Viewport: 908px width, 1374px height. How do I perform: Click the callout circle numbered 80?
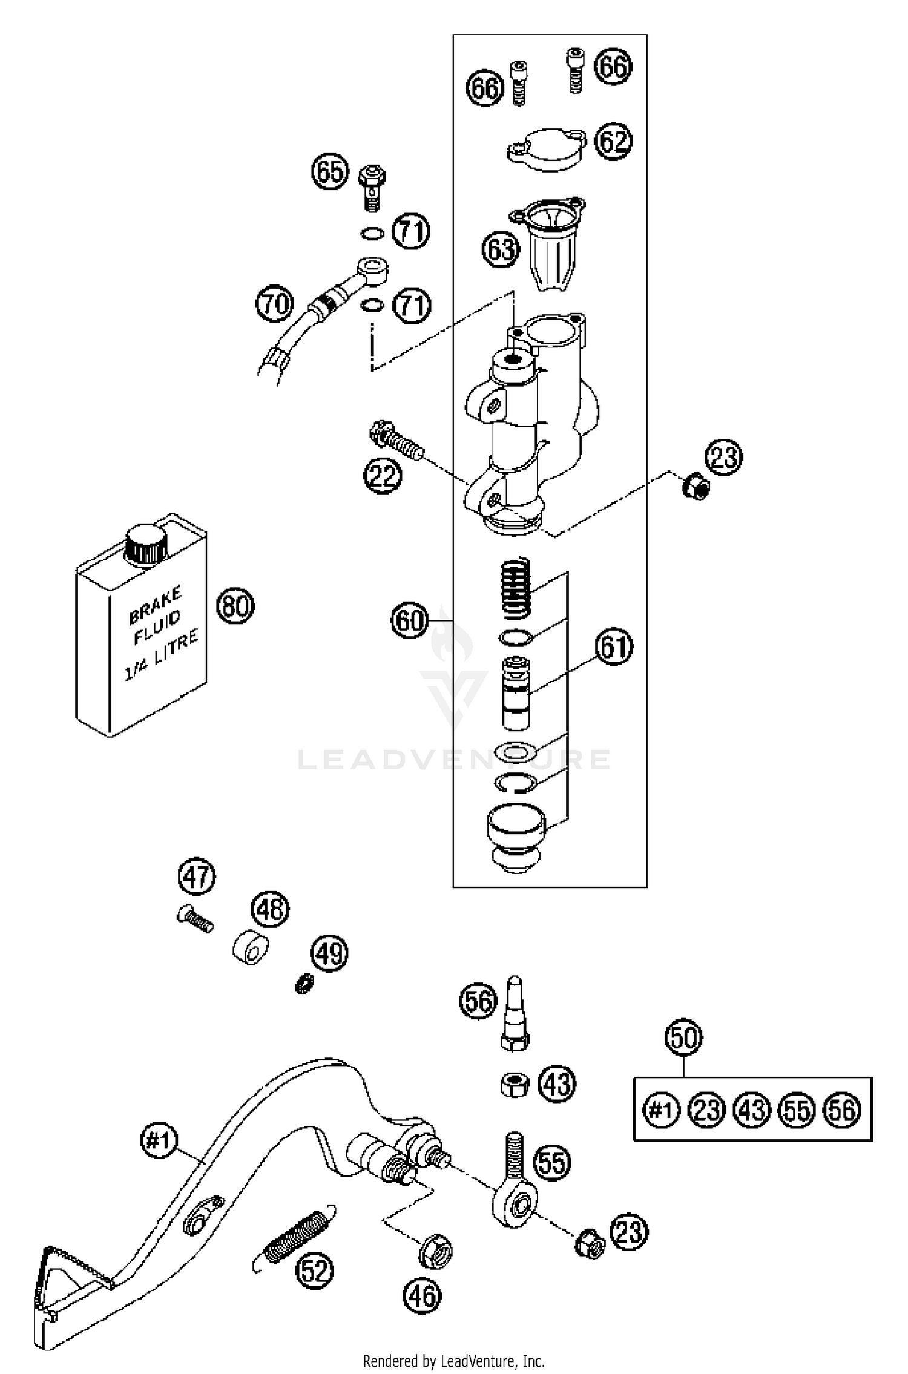pyautogui.click(x=235, y=605)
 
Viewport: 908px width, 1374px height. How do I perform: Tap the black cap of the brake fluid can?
pyautogui.click(x=145, y=545)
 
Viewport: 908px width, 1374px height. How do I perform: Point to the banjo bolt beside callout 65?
pyautogui.click(x=372, y=186)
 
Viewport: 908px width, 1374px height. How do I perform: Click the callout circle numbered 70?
pyautogui.click(x=274, y=303)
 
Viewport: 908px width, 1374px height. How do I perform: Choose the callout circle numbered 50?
pyautogui.click(x=683, y=1037)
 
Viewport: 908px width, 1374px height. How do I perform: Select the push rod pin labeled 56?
pyautogui.click(x=514, y=1011)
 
